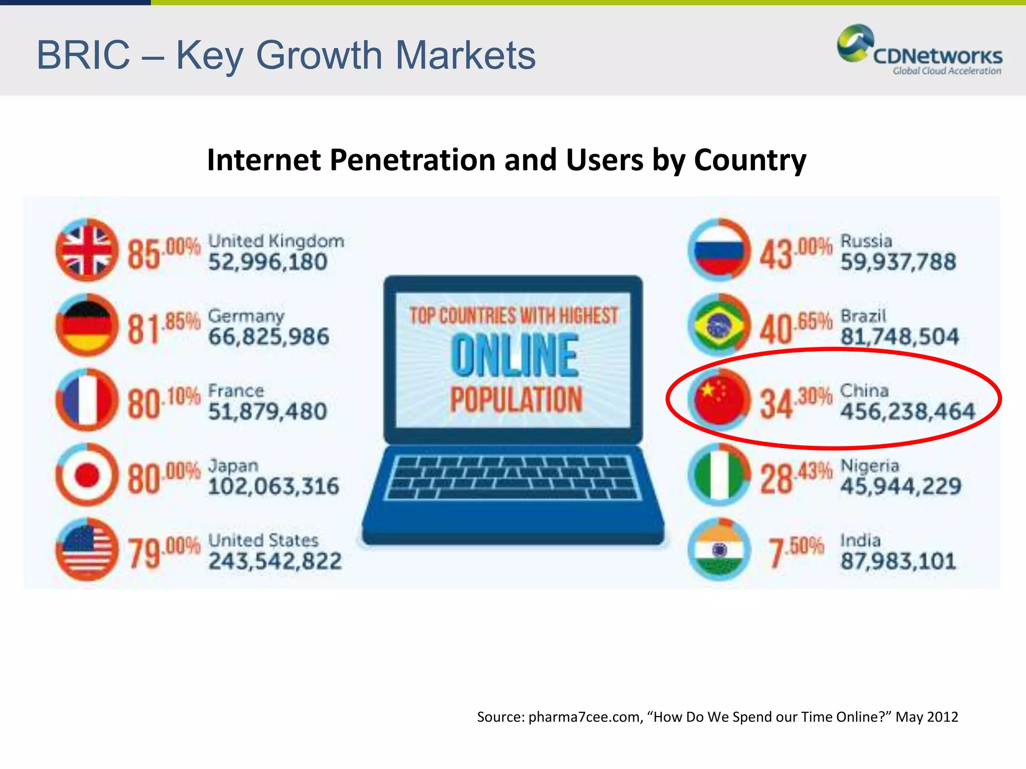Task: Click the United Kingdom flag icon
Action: tap(87, 250)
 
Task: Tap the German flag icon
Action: tap(87, 325)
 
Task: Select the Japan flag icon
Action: tap(87, 475)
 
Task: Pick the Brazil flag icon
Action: tap(719, 325)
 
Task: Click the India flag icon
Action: tap(719, 550)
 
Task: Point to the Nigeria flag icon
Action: tap(719, 475)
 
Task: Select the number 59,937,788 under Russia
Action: tap(898, 262)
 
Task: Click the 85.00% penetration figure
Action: tap(163, 253)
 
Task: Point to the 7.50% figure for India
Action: tap(797, 552)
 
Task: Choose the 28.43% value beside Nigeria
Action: tap(796, 478)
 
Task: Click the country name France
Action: tap(236, 391)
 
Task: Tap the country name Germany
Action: tap(246, 316)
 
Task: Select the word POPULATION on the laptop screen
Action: tap(516, 400)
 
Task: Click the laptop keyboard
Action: tap(513, 478)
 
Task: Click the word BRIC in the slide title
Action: tap(83, 55)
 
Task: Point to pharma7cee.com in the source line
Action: tap(584, 717)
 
